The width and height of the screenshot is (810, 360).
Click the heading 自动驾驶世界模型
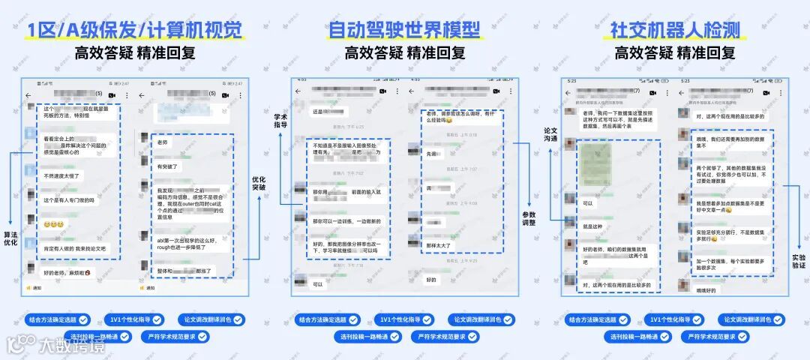coord(405,30)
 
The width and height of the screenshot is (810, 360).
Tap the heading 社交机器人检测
coord(675,30)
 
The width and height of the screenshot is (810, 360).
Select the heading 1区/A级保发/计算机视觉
coord(135,30)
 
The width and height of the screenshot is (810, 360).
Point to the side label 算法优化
coord(10,238)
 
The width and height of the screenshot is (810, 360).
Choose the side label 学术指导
coord(280,119)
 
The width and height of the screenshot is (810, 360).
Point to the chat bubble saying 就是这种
coord(593,226)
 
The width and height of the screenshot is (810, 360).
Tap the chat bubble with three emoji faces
coord(53,224)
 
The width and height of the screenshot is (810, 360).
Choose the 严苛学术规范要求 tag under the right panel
coord(715,337)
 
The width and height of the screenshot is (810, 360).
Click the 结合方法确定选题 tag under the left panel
coord(59,319)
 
